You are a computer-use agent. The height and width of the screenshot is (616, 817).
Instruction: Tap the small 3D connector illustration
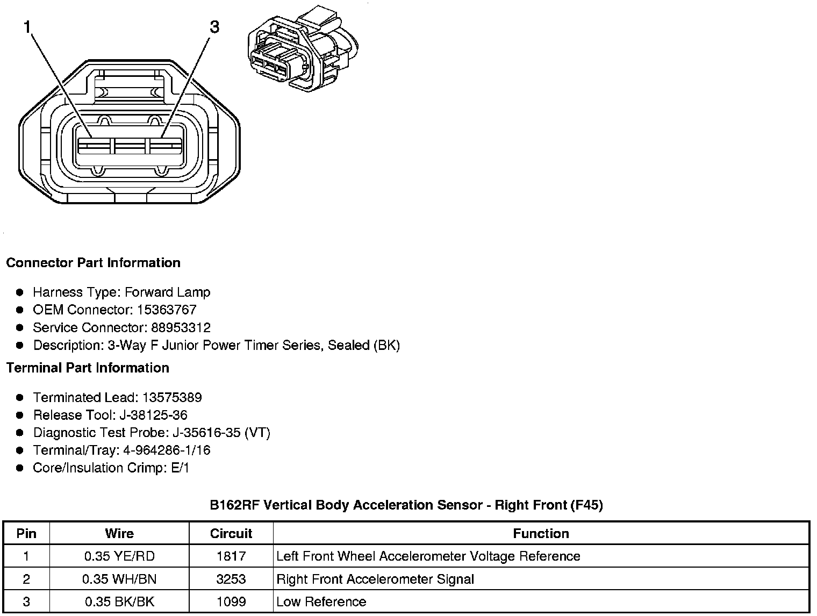(302, 49)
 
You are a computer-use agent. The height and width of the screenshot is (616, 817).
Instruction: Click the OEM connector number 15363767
(166, 310)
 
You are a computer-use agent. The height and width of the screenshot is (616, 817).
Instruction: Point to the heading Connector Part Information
(93, 263)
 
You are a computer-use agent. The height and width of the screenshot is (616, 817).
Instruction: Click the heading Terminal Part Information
(88, 368)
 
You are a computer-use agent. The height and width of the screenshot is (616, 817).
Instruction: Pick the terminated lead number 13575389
(172, 398)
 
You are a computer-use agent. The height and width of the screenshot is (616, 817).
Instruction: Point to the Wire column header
(119, 534)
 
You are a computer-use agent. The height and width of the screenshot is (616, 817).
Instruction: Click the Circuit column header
(231, 534)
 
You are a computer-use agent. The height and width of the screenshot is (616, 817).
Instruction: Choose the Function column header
(541, 534)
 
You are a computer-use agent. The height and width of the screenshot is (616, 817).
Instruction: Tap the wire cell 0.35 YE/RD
(119, 556)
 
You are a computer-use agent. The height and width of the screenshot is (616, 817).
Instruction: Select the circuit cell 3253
(231, 579)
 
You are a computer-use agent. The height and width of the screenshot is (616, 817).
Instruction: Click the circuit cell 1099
(231, 602)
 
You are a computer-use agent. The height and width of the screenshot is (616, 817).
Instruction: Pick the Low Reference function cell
(321, 602)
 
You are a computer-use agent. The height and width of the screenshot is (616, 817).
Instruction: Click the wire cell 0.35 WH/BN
(119, 579)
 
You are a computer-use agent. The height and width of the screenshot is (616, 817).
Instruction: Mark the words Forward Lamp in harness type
(167, 292)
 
